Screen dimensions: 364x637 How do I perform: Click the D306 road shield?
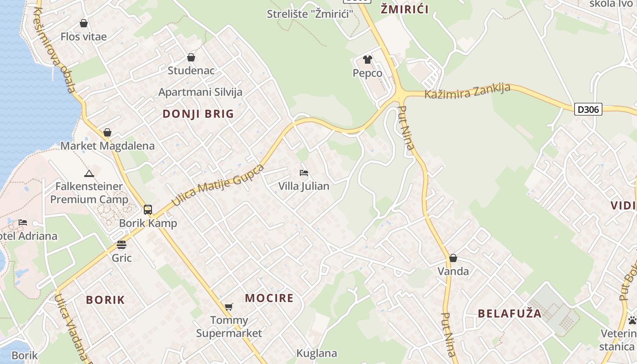[x=588, y=109]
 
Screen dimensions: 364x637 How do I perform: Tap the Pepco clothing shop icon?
[x=367, y=60]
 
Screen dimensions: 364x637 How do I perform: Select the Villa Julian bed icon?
[x=303, y=173]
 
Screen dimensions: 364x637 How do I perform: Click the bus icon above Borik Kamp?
[x=148, y=210]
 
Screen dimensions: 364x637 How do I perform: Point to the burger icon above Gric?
[x=121, y=245]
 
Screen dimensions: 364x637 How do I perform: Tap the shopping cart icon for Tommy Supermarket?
[x=228, y=307]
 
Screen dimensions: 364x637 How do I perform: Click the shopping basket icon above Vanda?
[x=453, y=258]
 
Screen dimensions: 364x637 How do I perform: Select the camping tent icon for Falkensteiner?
[x=89, y=173]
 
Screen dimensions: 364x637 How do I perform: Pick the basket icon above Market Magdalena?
[x=107, y=132]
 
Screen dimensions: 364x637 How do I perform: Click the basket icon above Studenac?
[x=191, y=57]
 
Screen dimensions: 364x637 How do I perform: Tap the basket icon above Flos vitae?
[x=84, y=23]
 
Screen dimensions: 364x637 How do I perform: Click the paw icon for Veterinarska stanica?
[x=632, y=320]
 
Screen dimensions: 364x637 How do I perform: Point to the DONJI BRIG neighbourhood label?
[x=198, y=114]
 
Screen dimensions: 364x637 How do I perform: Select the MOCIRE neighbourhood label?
[x=269, y=298]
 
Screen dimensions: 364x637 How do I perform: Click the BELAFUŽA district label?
[x=510, y=313]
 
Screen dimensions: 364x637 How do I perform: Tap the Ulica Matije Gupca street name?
[x=218, y=186]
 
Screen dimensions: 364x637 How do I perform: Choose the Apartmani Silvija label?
[x=200, y=92]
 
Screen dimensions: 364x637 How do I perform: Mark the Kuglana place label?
[x=317, y=354]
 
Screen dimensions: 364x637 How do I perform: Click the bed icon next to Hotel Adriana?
[x=23, y=222]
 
